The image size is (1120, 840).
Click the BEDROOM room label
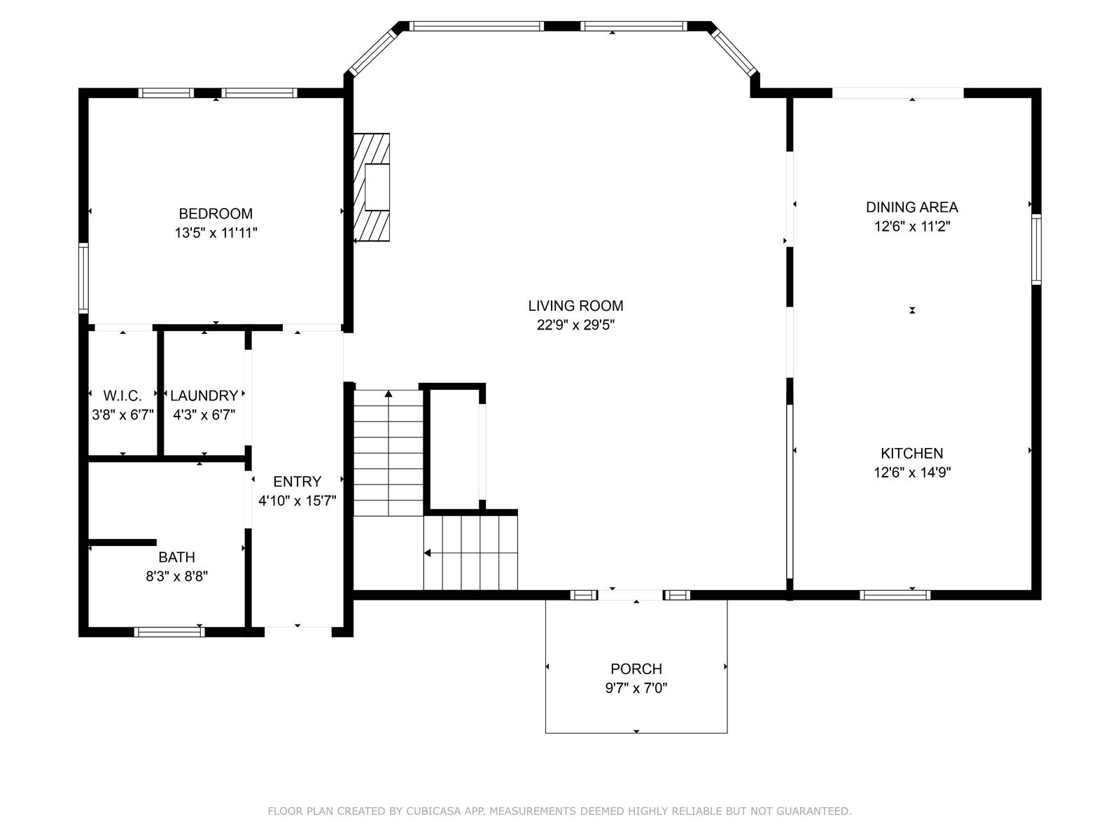click(x=216, y=213)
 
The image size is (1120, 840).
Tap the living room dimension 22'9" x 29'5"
click(x=575, y=325)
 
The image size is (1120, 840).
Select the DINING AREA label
click(x=911, y=207)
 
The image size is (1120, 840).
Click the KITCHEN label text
click(x=911, y=453)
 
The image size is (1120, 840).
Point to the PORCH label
click(x=636, y=668)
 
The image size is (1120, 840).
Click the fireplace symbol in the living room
click(x=372, y=188)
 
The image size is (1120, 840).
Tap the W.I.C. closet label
click(x=122, y=395)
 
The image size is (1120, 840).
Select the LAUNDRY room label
click(x=204, y=395)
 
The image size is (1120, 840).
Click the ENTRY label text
click(x=297, y=482)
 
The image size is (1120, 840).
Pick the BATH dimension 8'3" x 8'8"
click(x=176, y=577)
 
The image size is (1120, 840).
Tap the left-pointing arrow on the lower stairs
click(x=428, y=554)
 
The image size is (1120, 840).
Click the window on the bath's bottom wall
click(x=169, y=631)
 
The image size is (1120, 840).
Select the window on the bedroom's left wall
click(x=83, y=277)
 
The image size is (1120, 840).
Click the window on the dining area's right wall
click(x=1036, y=249)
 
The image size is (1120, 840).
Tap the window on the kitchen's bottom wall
click(x=895, y=595)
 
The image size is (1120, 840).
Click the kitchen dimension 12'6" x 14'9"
click(x=911, y=472)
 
